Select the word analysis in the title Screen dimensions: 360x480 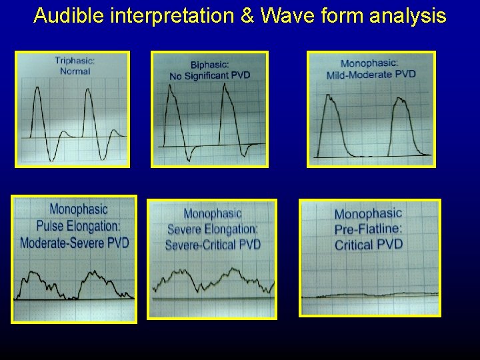[x=407, y=15]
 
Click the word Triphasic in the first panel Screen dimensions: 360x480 [x=75, y=61]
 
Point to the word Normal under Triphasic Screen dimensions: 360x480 [x=75, y=71]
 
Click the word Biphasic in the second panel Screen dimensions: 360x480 [x=210, y=65]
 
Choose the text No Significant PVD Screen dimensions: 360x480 [x=210, y=75]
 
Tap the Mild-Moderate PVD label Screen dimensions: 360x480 [x=371, y=74]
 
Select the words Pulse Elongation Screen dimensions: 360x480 [x=74, y=225]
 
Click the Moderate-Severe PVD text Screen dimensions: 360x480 [x=74, y=242]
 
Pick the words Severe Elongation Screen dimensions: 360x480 [x=212, y=229]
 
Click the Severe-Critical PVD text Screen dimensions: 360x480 [x=212, y=245]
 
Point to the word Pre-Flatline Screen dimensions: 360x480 [x=369, y=229]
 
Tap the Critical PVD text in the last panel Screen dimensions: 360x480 [x=369, y=245]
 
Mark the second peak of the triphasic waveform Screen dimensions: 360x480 [x=87, y=92]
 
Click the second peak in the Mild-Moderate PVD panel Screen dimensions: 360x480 [x=400, y=100]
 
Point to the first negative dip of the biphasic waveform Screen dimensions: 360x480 [x=191, y=158]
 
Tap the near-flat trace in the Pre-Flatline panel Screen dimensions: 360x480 [x=370, y=295]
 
